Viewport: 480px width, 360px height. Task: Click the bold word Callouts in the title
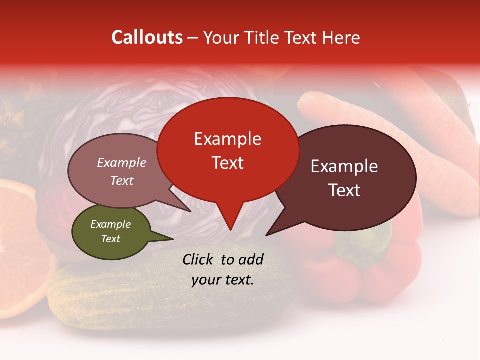[x=147, y=37]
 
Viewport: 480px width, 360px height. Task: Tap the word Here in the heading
[x=340, y=37]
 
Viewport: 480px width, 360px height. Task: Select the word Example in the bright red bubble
[x=227, y=139]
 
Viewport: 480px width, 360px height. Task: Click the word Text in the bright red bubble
[x=227, y=163]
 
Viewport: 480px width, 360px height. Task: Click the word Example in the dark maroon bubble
[x=344, y=166]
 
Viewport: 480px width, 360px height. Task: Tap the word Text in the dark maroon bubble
[x=344, y=190]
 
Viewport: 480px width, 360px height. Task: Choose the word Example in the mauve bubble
[x=122, y=163]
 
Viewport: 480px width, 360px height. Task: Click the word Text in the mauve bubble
[x=122, y=181]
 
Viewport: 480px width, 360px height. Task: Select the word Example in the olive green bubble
[x=110, y=224]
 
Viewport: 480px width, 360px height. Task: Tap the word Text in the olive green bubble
[x=110, y=239]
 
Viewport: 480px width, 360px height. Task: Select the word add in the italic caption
[x=251, y=259]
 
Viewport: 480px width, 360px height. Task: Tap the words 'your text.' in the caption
[x=222, y=280]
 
